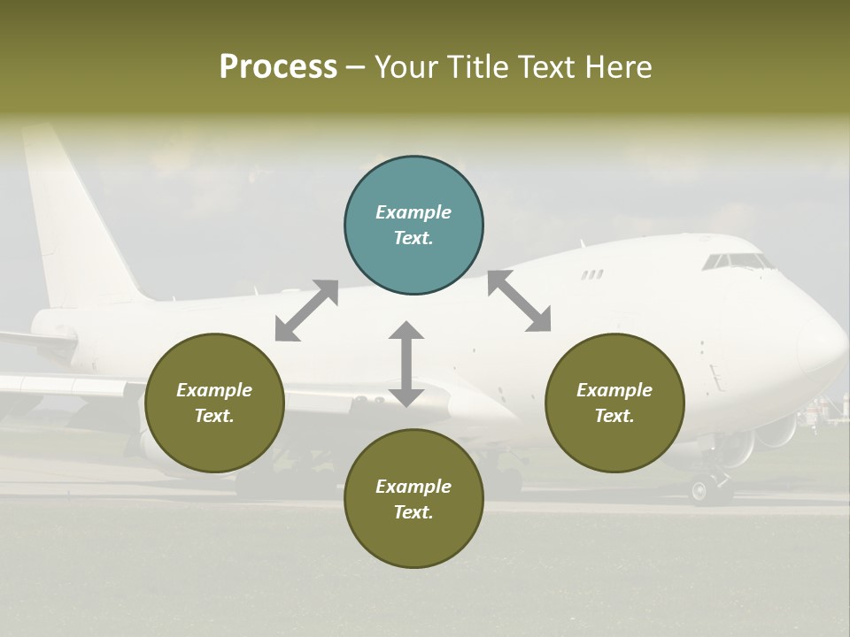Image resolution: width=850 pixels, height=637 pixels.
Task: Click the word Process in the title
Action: [x=278, y=67]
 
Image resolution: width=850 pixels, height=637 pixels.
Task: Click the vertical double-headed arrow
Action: [x=406, y=364]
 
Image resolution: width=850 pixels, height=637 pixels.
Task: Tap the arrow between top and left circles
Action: [x=306, y=311]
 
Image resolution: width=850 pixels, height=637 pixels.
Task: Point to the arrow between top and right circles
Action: [x=519, y=301]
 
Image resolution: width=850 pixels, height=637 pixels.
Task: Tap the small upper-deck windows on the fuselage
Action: [x=591, y=275]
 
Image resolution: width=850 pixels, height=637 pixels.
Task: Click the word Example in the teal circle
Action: [x=413, y=212]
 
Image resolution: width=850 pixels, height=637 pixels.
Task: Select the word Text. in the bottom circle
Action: [x=413, y=512]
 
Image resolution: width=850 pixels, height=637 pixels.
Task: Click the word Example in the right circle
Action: [x=614, y=390]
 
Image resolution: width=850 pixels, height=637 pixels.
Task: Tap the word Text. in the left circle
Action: [x=214, y=416]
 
